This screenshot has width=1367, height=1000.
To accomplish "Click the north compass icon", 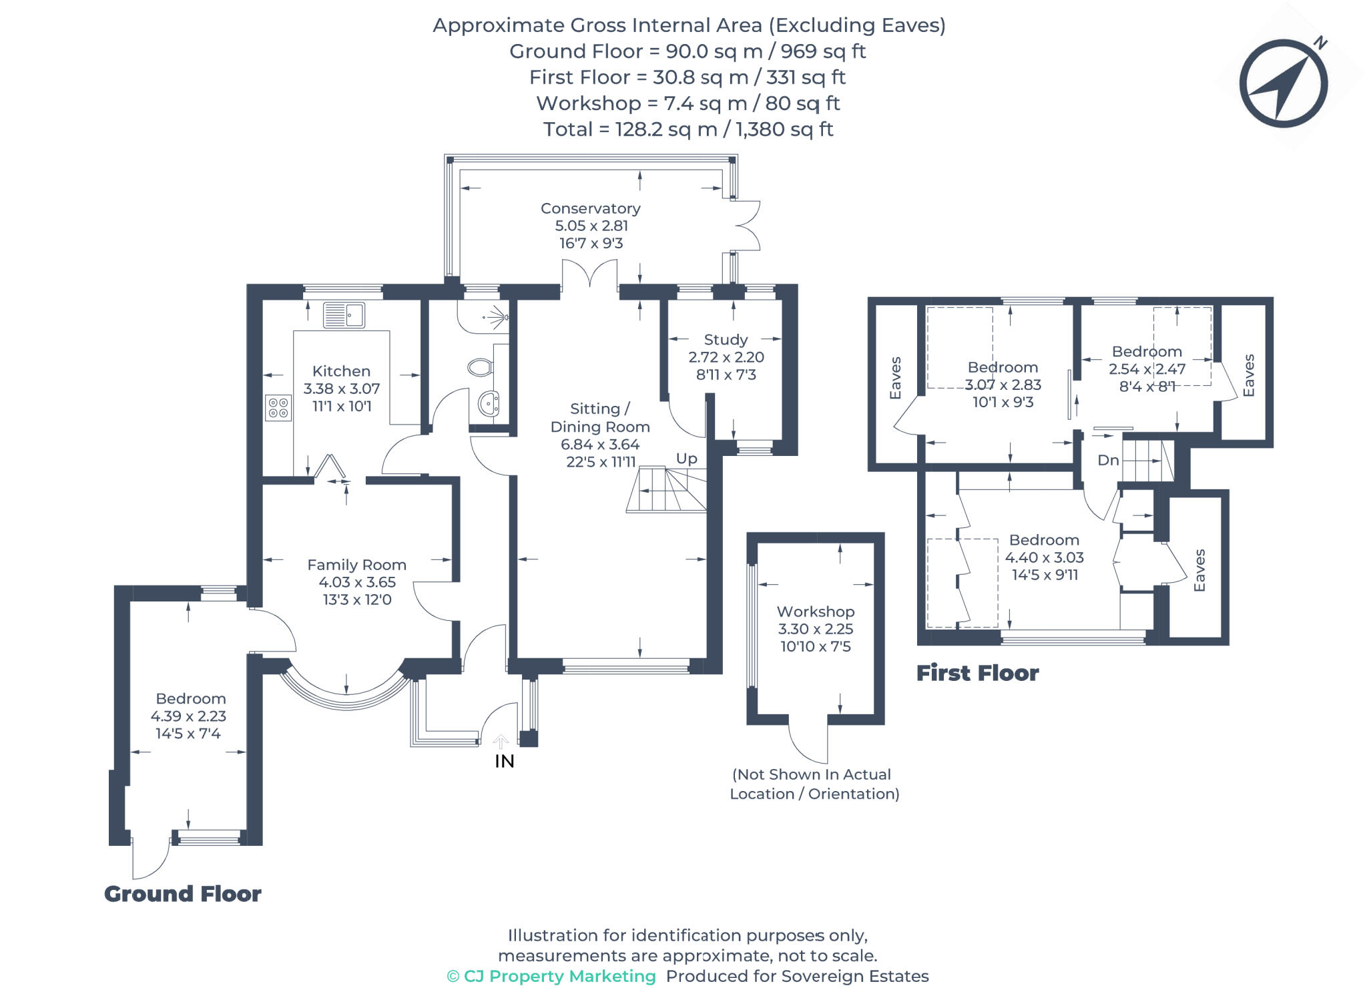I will tap(1283, 83).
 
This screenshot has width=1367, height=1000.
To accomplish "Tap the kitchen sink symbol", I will tap(344, 315).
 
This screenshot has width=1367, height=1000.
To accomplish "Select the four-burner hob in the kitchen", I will tap(278, 408).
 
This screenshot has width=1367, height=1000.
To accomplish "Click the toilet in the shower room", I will tap(481, 366).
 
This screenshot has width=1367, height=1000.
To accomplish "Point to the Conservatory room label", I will tap(590, 208).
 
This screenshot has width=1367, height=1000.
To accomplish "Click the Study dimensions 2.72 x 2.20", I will tap(726, 357).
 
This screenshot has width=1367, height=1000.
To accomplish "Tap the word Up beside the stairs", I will tap(686, 459).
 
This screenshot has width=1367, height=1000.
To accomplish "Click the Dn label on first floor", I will tap(1107, 460).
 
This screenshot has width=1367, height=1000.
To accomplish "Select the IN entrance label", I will tap(505, 761).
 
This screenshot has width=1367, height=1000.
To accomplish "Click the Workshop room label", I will tap(815, 611).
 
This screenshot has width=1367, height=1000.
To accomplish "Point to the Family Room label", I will tap(356, 565).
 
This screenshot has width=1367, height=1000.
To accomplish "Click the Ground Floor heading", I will tap(182, 894).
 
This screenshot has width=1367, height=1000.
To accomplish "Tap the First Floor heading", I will tap(977, 673).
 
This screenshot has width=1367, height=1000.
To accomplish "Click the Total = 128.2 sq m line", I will tap(688, 129).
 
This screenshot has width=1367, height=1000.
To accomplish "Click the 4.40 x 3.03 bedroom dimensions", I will tap(1044, 557).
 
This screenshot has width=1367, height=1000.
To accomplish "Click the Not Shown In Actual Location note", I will tap(814, 784).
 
